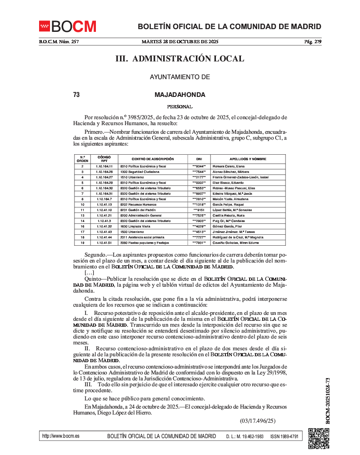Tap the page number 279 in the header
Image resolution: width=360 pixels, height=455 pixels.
coord(316,42)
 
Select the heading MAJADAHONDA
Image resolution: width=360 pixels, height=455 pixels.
coord(180,95)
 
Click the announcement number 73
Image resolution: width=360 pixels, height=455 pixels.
coord(76,95)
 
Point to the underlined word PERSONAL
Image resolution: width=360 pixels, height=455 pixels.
coord(180,106)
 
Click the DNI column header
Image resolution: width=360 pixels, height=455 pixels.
coord(199,159)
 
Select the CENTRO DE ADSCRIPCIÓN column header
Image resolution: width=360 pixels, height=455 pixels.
coord(153,159)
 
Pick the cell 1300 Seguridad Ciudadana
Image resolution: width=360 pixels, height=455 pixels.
coord(139,172)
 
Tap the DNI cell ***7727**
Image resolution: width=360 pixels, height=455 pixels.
coord(199,237)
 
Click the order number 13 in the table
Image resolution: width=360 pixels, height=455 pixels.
coord(82,215)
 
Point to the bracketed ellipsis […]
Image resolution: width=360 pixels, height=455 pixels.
coord(90,273)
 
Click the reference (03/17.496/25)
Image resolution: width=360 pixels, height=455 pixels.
coord(257,421)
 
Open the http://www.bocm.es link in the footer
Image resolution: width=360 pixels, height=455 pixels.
coord(60,436)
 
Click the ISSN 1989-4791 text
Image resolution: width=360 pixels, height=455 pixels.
coord(284,436)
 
